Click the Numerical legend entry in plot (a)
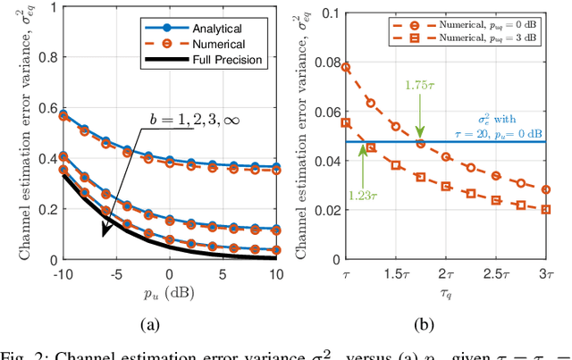(231, 45)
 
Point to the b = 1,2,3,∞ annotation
(191, 117)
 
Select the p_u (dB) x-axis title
(166, 291)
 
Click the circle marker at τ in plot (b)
(347, 67)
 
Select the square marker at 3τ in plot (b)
(546, 210)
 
